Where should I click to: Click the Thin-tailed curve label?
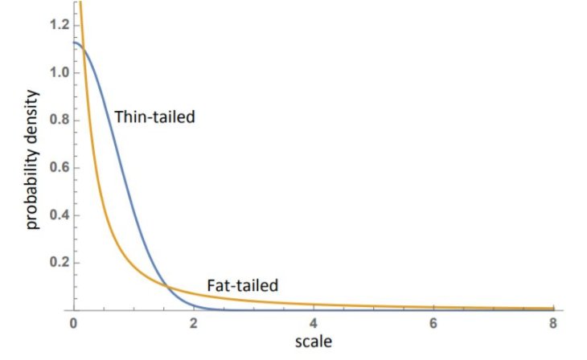(155, 117)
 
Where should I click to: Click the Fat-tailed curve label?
(242, 284)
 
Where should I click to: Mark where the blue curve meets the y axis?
(75, 43)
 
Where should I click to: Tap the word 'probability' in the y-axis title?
(32, 186)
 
